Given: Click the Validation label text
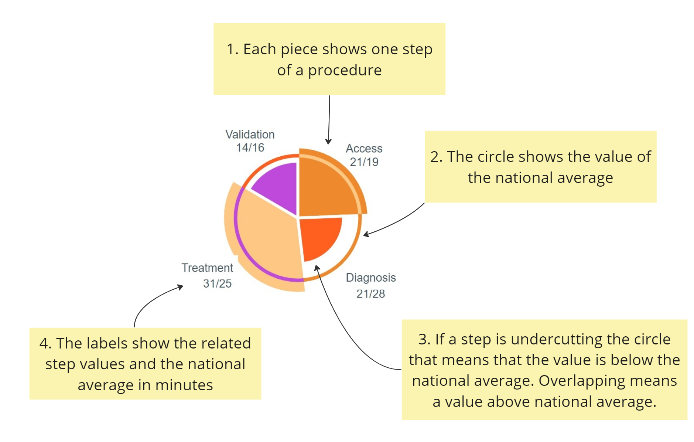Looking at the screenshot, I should [250, 135].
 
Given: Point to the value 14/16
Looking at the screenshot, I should [250, 148].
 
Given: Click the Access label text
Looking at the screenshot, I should [364, 149].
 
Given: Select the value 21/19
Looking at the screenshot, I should [364, 162].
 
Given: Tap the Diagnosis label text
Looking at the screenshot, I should [370, 278].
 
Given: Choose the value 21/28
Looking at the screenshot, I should [370, 294].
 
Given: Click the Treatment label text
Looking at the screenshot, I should [207, 268].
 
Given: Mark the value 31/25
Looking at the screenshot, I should [217, 283].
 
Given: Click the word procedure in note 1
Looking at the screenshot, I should [345, 70].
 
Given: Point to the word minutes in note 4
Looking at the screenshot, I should [184, 385].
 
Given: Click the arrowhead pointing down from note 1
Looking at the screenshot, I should [328, 142].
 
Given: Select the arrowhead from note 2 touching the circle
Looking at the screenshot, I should [366, 234].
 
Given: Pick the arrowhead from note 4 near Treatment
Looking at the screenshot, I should [181, 287].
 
